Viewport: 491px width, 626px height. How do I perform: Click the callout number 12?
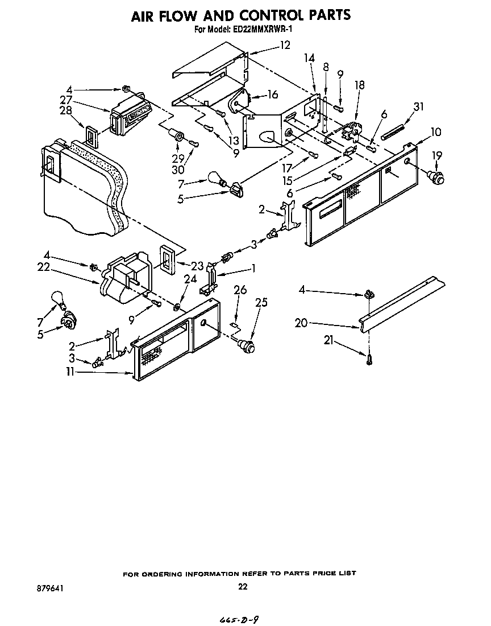[284, 45]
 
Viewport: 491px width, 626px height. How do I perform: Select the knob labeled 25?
[246, 345]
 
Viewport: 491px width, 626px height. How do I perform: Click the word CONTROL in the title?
[265, 15]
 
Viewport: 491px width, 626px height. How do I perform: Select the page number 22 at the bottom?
[243, 587]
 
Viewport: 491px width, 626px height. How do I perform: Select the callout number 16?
[273, 94]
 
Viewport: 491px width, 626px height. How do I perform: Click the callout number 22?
[44, 266]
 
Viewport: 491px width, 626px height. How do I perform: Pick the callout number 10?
[436, 132]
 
